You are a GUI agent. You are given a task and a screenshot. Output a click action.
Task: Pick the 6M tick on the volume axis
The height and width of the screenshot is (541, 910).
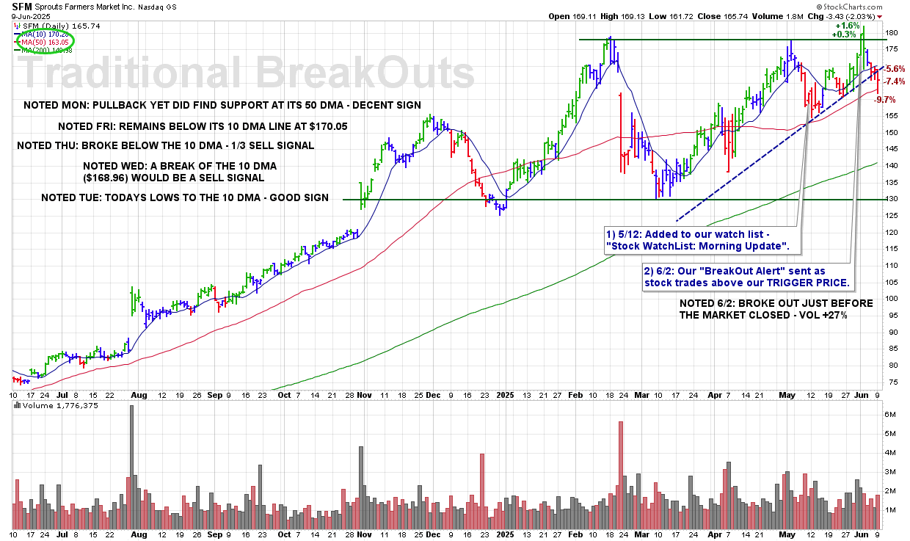889,415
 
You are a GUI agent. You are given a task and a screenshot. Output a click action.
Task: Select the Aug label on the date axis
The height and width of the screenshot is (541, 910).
139,394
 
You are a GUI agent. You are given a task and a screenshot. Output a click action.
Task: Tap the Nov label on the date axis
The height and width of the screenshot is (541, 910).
365,394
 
